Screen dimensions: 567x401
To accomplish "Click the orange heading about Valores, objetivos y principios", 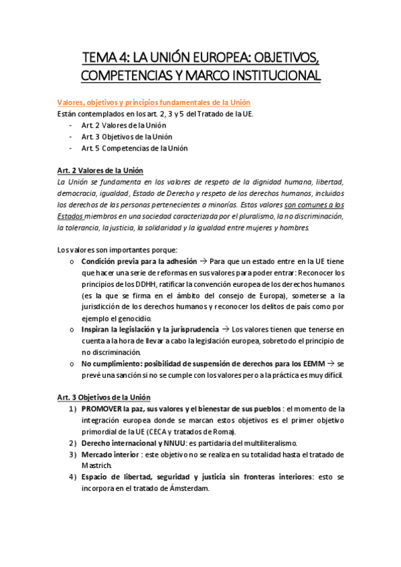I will coord(153,102).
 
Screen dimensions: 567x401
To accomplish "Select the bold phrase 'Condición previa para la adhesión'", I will coord(139,261).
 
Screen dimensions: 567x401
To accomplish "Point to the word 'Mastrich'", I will coord(96,465).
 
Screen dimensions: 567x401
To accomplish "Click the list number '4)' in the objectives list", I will coord(72,477).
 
